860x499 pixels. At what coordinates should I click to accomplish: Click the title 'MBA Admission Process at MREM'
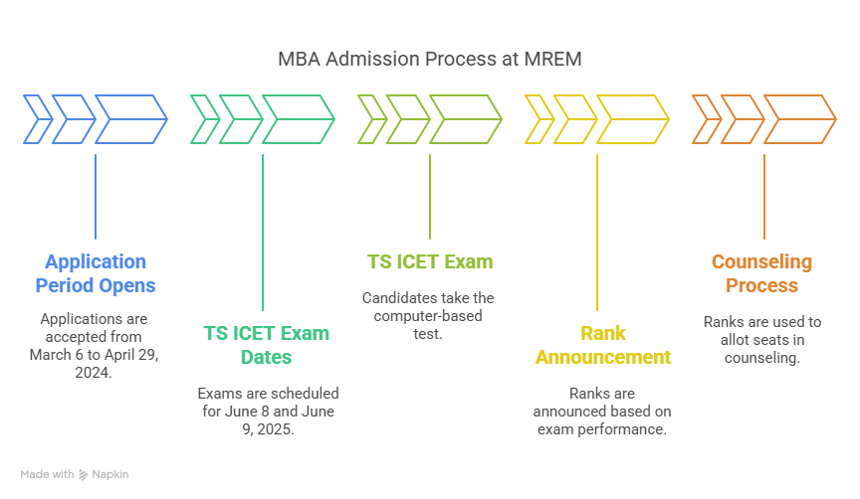pos(429,60)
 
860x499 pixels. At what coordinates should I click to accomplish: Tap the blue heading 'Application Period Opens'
pos(96,273)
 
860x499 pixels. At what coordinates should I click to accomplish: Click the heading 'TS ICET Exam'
pos(430,262)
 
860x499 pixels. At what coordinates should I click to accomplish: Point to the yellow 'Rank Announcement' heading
pos(597,345)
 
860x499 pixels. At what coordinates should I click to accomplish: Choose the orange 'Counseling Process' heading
pos(761,273)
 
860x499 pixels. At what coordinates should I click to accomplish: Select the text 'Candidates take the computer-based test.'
pos(429,316)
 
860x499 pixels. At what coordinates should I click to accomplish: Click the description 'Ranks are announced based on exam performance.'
pos(597,412)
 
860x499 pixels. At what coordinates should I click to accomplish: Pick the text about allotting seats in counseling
pos(761,340)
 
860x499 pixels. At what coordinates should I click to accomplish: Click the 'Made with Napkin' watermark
pos(75,474)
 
